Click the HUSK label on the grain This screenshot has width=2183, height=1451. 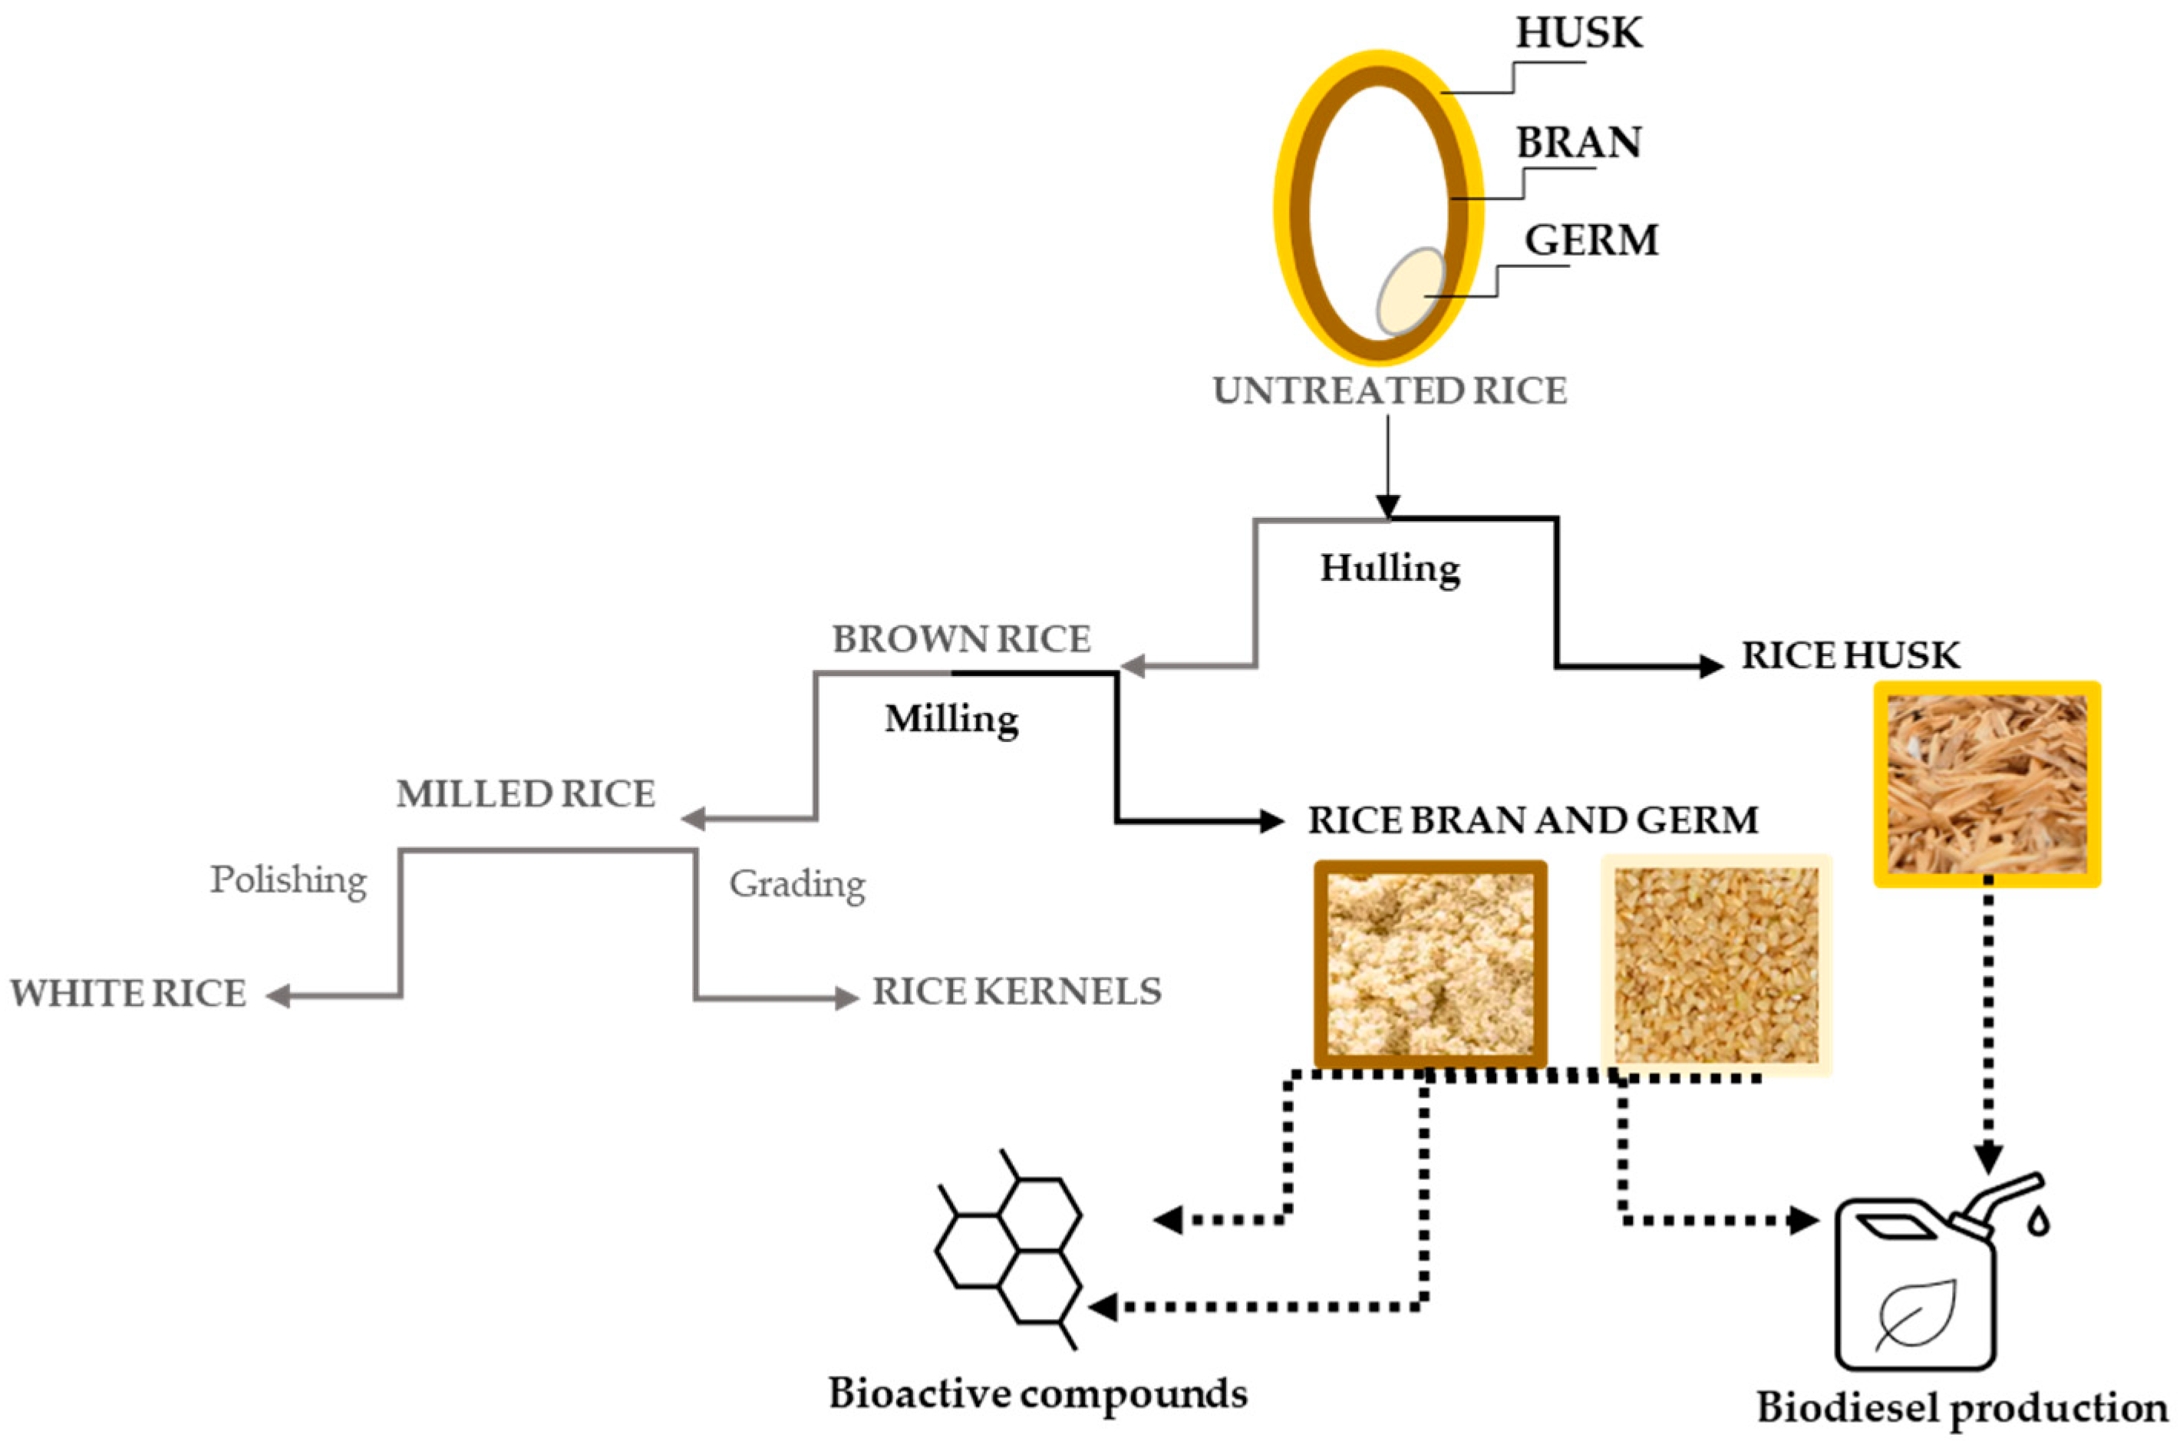pyautogui.click(x=1578, y=33)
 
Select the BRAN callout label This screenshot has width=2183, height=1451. pyautogui.click(x=1578, y=143)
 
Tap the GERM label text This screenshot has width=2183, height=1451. pyautogui.click(x=1591, y=241)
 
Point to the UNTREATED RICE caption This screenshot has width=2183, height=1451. pyautogui.click(x=1389, y=391)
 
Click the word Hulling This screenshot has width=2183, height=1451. pyautogui.click(x=1389, y=568)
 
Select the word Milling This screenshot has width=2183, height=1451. pyautogui.click(x=951, y=719)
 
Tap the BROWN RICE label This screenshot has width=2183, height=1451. pyautogui.click(x=961, y=639)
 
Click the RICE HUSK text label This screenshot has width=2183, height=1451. pyautogui.click(x=1850, y=655)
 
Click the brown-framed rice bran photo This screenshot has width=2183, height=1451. pyautogui.click(x=1430, y=965)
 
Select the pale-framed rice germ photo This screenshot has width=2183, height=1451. pyautogui.click(x=1716, y=965)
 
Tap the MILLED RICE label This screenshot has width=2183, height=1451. pyautogui.click(x=526, y=794)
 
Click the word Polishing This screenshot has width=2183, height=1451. pyautogui.click(x=289, y=880)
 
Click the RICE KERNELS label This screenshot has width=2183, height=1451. pyautogui.click(x=1016, y=992)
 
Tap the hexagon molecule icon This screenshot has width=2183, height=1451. pyautogui.click(x=1009, y=1249)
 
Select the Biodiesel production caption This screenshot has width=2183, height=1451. pyautogui.click(x=1961, y=1407)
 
